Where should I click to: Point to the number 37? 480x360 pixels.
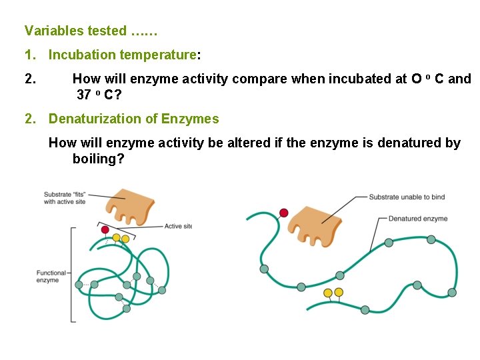84,95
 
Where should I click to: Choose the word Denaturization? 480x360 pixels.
96,119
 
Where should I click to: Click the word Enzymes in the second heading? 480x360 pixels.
193,119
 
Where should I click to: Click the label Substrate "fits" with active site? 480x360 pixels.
64,198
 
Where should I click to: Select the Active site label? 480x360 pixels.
178,226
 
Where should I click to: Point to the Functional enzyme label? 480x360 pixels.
51,276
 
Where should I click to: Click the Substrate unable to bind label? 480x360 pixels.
406,197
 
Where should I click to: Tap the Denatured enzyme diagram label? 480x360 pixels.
417,218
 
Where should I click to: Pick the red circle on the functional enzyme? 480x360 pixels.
105,229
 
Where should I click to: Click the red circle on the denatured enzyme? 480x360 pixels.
284,213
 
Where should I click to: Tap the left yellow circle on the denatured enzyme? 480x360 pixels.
327,293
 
